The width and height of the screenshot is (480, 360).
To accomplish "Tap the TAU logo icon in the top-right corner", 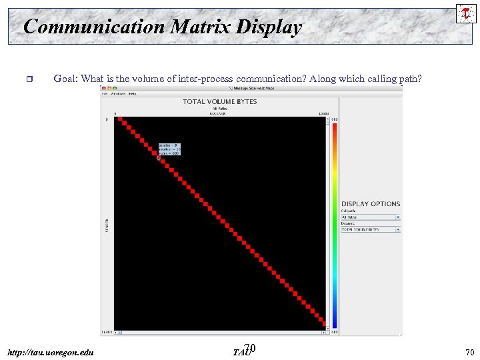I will (x=465, y=13).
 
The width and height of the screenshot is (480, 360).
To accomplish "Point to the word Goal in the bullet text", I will (x=65, y=79).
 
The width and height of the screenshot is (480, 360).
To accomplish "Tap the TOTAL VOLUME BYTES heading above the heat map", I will (x=219, y=101).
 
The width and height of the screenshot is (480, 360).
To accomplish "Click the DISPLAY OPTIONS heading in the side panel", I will (x=371, y=203).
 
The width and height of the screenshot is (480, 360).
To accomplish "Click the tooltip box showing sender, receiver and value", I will (x=169, y=149).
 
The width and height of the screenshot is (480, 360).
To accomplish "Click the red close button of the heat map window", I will (x=104, y=88).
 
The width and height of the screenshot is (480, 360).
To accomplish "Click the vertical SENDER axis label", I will (x=107, y=225).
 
